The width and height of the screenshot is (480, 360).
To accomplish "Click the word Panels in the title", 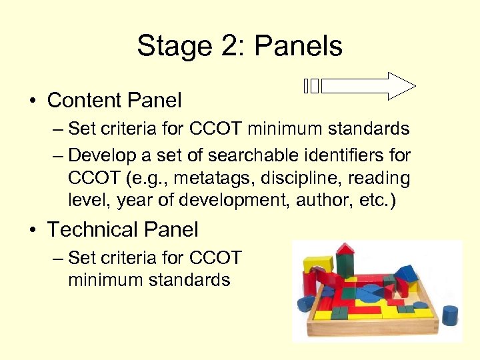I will coord(298,46).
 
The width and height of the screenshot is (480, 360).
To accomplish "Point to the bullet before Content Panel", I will coord(31,101).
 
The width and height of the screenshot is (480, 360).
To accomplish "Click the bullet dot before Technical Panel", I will coord(31,230).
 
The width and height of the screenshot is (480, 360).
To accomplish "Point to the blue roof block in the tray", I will coord(406,272).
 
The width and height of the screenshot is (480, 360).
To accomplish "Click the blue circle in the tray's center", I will coord(369,291).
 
